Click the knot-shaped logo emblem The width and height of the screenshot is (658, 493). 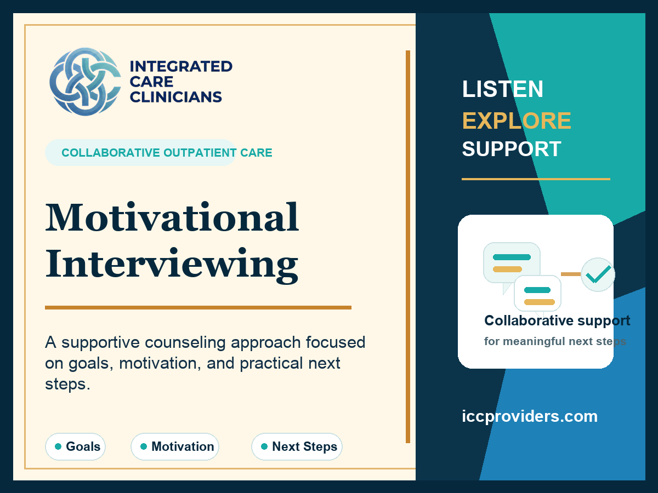click(x=85, y=82)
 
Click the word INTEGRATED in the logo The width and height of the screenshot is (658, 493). click(x=181, y=66)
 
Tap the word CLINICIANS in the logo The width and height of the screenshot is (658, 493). click(x=175, y=97)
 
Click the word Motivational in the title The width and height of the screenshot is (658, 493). click(x=172, y=217)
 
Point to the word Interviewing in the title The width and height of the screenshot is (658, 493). click(x=172, y=265)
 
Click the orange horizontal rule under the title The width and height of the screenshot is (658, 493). click(x=198, y=307)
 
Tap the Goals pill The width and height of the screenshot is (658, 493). click(x=75, y=446)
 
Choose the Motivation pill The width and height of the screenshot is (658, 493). click(x=175, y=446)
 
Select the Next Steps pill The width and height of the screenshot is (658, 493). click(x=297, y=446)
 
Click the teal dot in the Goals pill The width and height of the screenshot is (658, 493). click(x=58, y=446)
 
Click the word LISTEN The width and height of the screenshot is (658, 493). click(x=503, y=89)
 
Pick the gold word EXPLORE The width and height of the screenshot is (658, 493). click(x=517, y=121)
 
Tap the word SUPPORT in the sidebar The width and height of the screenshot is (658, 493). click(x=512, y=149)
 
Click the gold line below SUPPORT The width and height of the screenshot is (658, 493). click(x=536, y=179)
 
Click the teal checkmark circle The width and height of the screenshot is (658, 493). click(x=598, y=274)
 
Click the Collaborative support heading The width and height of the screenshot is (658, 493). click(x=557, y=320)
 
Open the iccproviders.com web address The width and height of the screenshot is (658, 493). click(x=530, y=416)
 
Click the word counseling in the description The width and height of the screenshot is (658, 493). click(x=185, y=342)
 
